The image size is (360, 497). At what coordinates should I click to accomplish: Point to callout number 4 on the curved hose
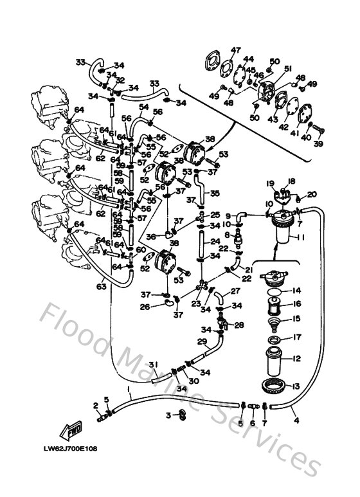pyautogui.click(x=296, y=421)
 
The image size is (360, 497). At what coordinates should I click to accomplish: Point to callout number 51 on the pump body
pyautogui.click(x=287, y=69)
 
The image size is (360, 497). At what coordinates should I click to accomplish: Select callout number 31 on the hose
pyautogui.click(x=154, y=365)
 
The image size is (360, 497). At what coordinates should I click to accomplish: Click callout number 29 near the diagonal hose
pyautogui.click(x=201, y=341)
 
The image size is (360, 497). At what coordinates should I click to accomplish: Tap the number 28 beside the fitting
pyautogui.click(x=239, y=325)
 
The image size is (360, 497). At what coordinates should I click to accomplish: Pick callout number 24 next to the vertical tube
pyautogui.click(x=216, y=242)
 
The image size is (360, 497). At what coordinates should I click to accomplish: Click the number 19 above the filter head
pyautogui.click(x=271, y=183)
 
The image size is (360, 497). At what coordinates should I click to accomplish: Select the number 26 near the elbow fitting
pyautogui.click(x=145, y=307)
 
